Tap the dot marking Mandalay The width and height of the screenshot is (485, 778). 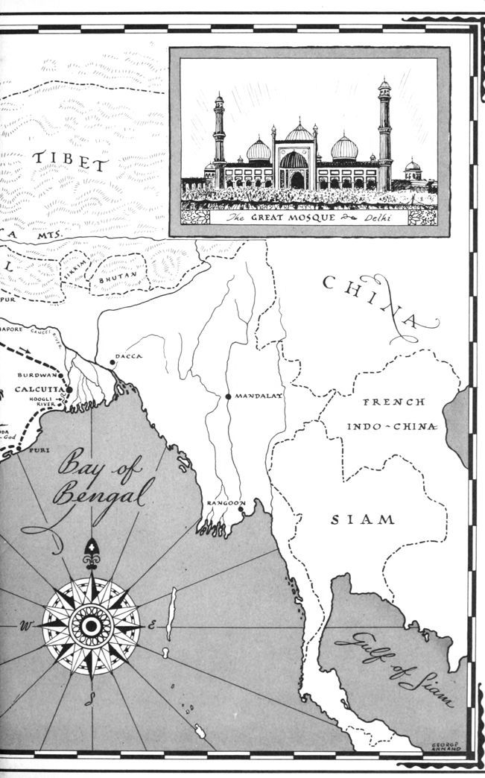tap(229, 396)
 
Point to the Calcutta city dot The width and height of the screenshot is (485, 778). tap(69, 389)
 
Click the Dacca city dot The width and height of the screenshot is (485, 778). tap(112, 363)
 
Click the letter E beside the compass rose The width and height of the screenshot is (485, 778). tap(153, 624)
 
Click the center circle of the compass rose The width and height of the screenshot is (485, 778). tap(91, 626)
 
